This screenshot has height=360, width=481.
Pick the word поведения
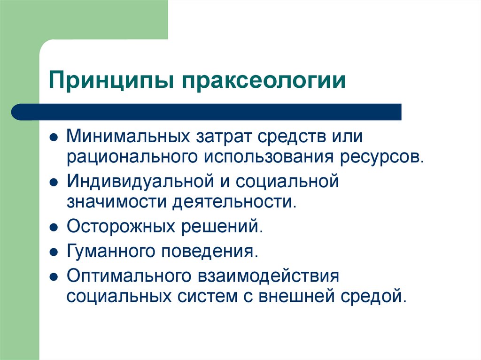pos(210,251)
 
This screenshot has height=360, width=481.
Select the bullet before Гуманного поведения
pos(54,252)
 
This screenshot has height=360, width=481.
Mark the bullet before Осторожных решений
pos(54,228)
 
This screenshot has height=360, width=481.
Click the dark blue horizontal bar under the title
pos(207,112)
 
